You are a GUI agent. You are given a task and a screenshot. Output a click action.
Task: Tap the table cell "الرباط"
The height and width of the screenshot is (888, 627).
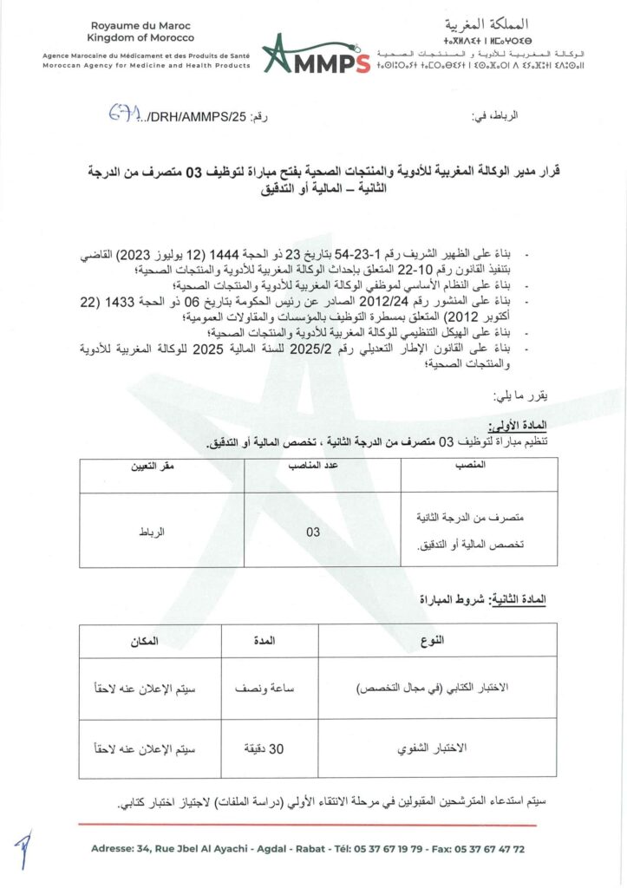coord(152,532)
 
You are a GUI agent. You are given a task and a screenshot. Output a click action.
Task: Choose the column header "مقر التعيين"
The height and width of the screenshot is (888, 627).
coord(153,466)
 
